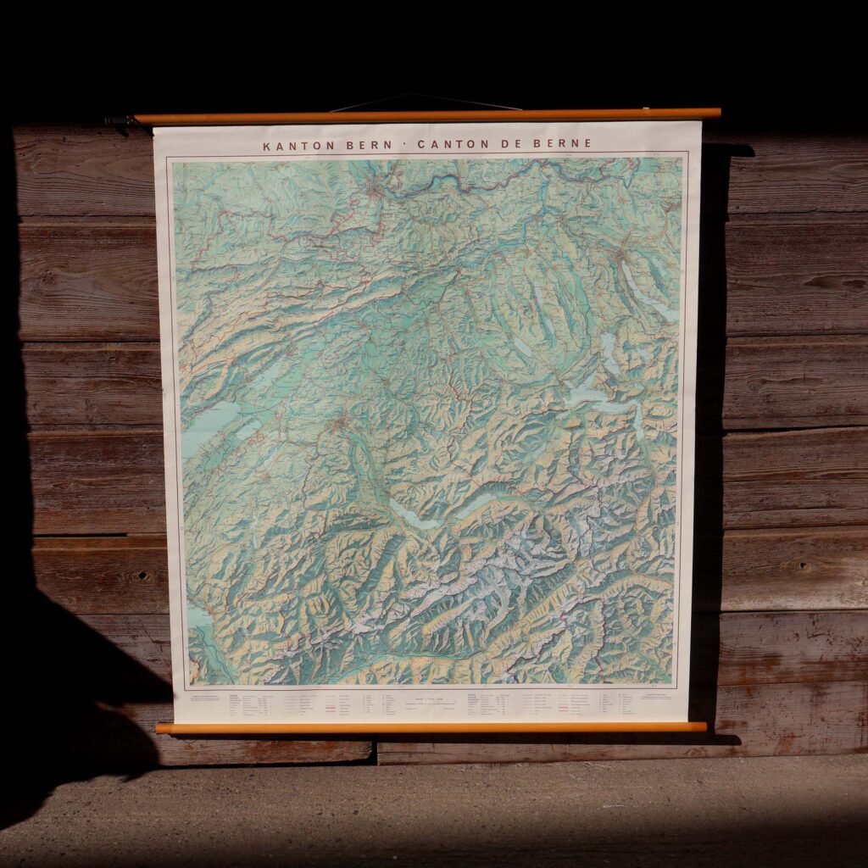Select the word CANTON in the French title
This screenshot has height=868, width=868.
pos(448,144)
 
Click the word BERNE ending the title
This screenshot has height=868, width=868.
pos(562,144)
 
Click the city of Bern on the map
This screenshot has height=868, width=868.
pos(341,421)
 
